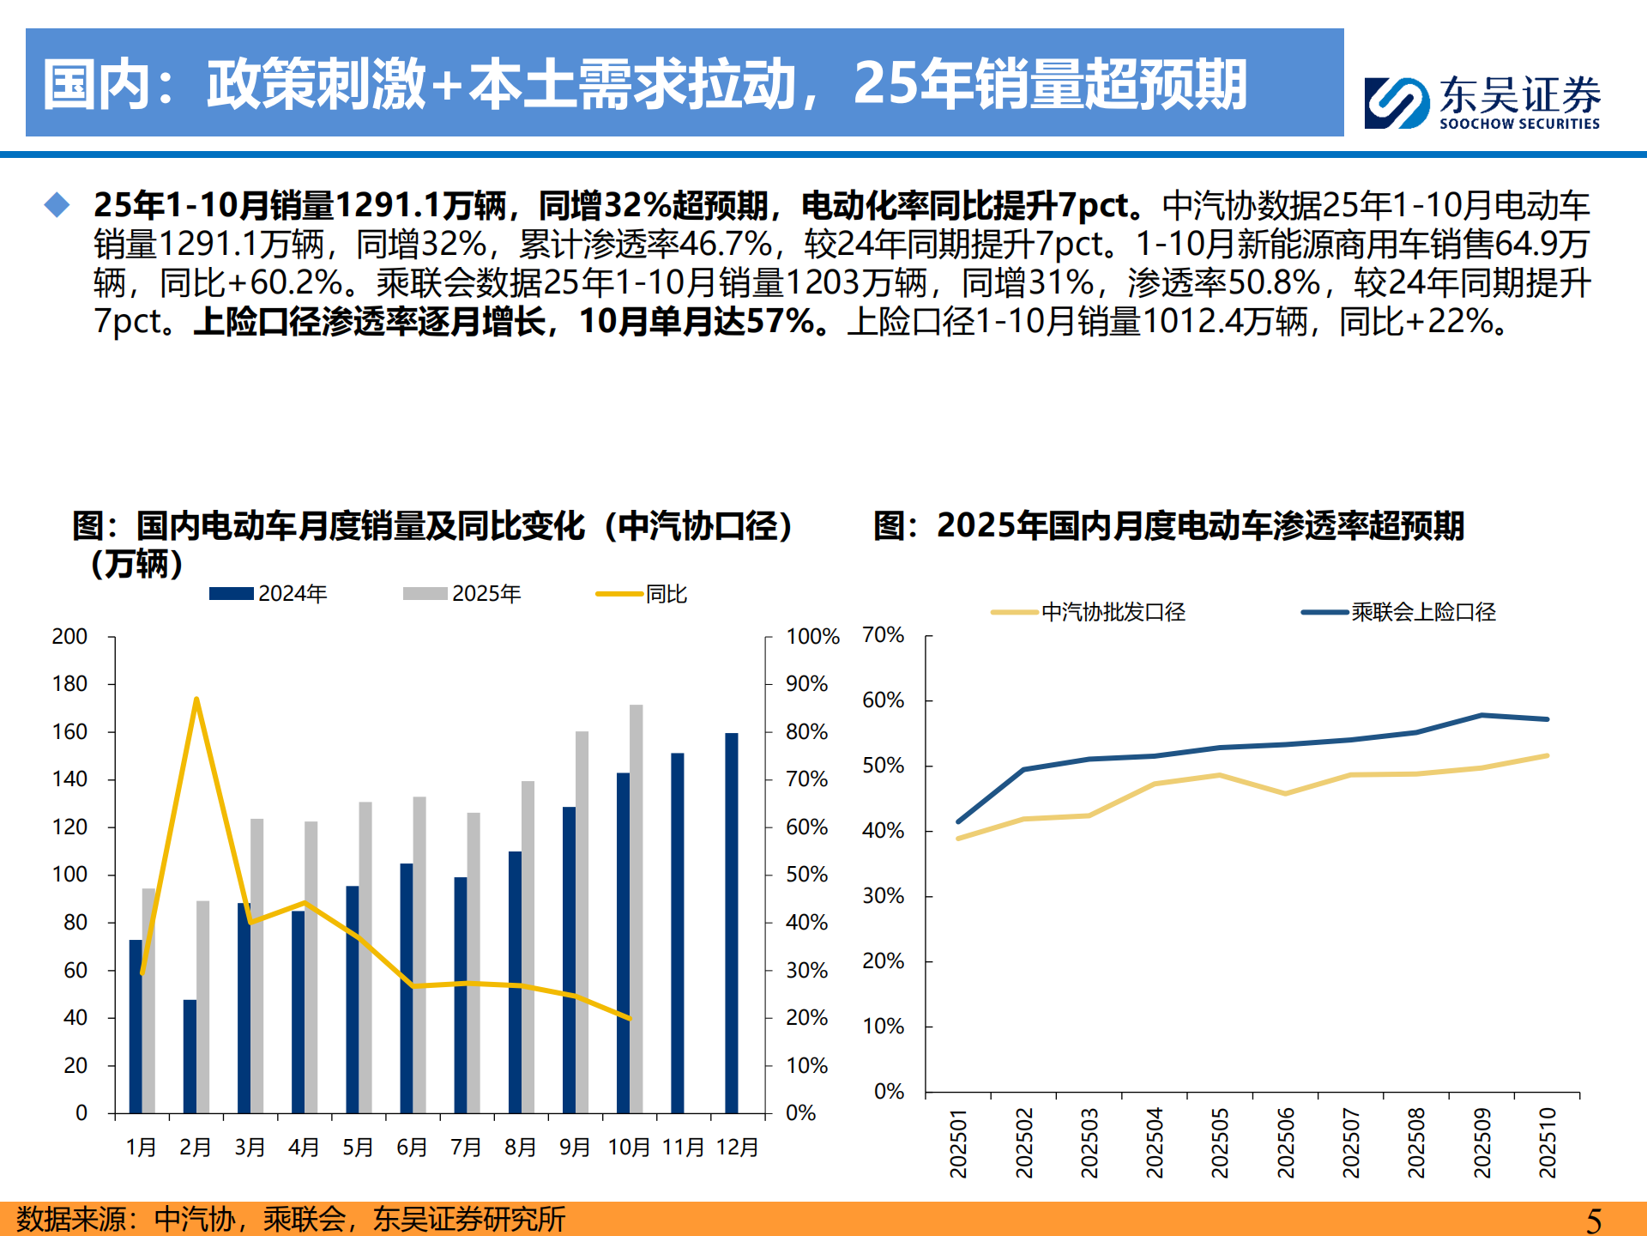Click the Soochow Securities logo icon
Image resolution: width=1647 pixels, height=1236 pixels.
(x=1396, y=103)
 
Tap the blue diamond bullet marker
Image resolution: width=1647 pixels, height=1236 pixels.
(x=57, y=205)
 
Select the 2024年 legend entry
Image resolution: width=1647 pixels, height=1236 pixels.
(x=268, y=594)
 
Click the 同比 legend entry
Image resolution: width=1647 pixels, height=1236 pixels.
(x=643, y=594)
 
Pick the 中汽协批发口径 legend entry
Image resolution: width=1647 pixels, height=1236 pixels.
(x=1089, y=612)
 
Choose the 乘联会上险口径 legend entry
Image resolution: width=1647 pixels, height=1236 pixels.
(x=1399, y=612)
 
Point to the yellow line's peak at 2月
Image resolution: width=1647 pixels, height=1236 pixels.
(x=196, y=700)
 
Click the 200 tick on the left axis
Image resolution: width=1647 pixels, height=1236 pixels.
(x=69, y=637)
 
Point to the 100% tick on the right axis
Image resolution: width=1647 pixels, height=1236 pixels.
(x=811, y=637)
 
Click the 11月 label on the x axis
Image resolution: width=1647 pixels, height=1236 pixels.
(x=683, y=1148)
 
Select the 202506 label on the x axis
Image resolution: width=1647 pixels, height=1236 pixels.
(x=1285, y=1142)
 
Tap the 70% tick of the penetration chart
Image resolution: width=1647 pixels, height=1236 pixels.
(x=883, y=635)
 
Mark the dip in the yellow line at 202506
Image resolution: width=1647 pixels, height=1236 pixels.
(x=1285, y=794)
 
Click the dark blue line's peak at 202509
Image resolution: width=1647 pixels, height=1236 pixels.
(x=1481, y=715)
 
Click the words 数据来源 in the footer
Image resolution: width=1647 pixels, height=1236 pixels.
(x=71, y=1220)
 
